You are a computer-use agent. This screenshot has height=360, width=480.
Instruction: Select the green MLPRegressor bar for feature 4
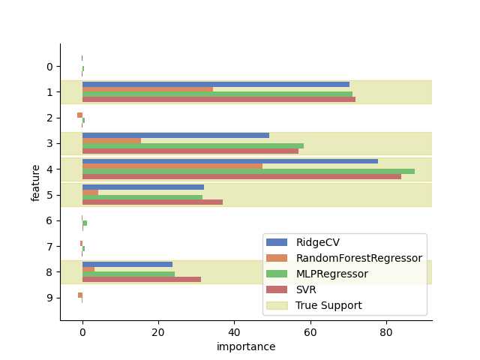(247, 172)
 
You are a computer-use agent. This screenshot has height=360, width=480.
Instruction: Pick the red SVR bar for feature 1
(218, 100)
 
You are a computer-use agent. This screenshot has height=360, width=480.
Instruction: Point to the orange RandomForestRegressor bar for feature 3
(112, 140)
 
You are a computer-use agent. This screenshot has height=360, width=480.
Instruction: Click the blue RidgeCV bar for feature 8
(127, 264)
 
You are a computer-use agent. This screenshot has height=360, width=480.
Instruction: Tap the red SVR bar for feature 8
(142, 279)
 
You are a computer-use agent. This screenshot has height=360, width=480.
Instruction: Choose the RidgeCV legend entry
(317, 242)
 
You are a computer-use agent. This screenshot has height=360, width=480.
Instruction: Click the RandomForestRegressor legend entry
(358, 258)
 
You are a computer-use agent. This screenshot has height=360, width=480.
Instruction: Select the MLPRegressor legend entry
(331, 274)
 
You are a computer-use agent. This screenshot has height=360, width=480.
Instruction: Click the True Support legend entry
(328, 305)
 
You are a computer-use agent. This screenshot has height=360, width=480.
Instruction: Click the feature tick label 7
(49, 246)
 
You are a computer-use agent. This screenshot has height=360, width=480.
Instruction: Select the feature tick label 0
(49, 67)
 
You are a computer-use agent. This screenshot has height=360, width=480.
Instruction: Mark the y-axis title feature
(36, 182)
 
